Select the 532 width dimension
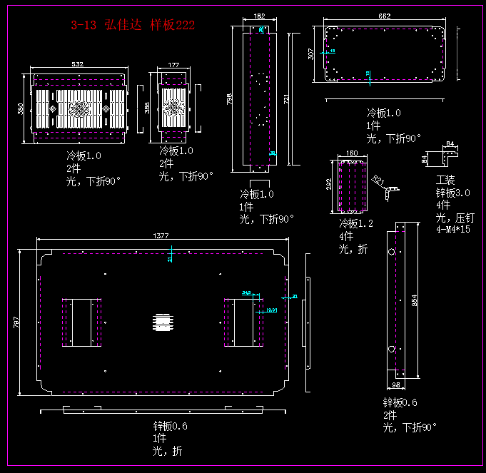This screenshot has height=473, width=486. click(77, 65)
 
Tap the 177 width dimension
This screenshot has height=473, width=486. click(173, 65)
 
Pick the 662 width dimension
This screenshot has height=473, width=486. click(384, 16)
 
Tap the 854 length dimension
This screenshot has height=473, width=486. click(414, 301)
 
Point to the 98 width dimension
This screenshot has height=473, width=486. click(396, 385)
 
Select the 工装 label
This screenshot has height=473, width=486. click(445, 180)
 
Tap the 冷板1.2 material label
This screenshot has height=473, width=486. click(356, 223)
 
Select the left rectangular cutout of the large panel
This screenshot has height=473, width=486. click(81, 322)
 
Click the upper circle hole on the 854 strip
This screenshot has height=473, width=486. click(390, 252)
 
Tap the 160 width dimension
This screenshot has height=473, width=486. click(351, 153)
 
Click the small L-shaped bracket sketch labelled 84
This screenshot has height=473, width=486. click(449, 152)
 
